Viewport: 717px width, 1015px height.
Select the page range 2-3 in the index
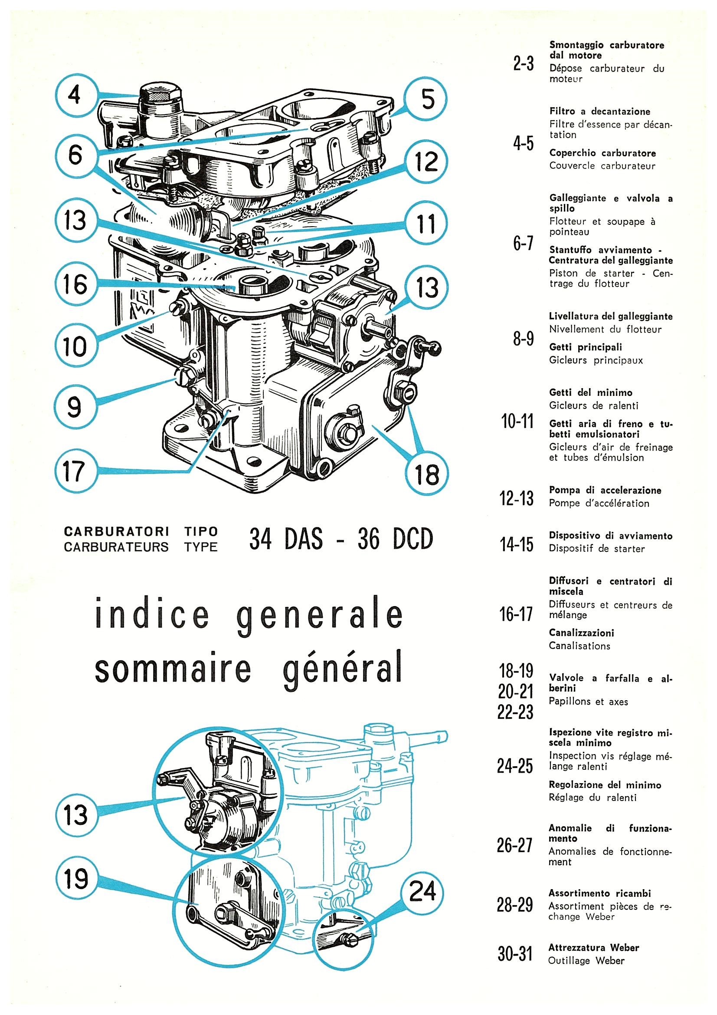(524, 65)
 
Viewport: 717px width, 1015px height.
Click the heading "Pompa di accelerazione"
(605, 490)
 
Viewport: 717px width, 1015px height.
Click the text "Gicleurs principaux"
(596, 360)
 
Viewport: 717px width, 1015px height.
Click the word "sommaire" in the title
(172, 669)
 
